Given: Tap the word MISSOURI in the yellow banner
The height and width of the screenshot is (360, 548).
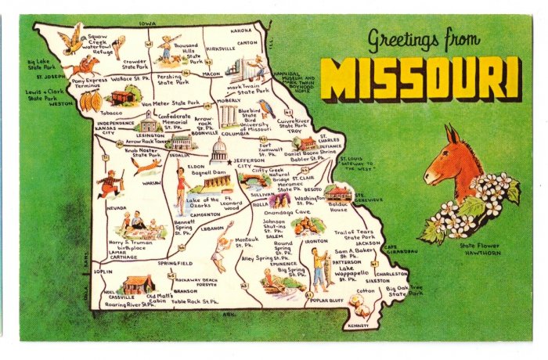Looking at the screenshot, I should coord(420,79).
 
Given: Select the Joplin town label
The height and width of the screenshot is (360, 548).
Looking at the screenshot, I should coord(103,272).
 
